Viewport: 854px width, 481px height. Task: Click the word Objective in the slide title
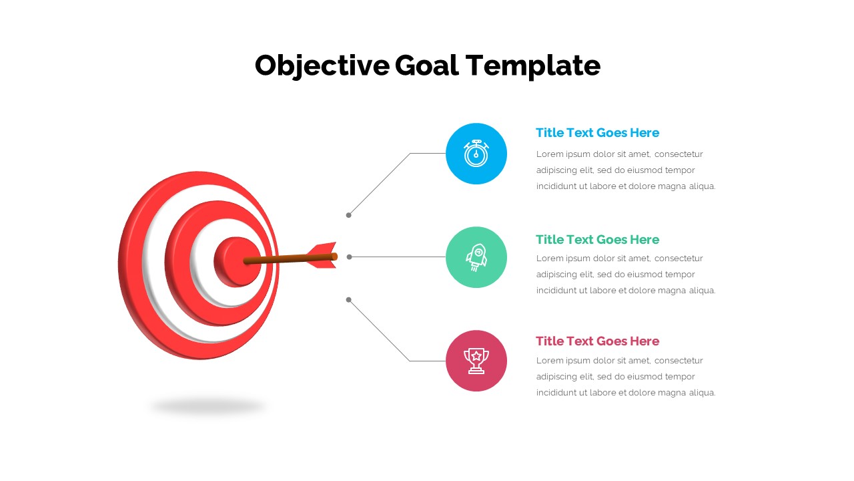pos(322,65)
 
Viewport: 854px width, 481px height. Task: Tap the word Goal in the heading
pos(426,65)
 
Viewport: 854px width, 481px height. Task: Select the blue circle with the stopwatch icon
pos(476,154)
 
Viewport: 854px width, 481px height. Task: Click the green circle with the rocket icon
pos(476,257)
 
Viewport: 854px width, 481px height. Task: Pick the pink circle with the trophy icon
pos(476,361)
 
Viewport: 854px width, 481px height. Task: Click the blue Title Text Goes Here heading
pos(597,133)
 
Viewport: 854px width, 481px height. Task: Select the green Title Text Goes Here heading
pos(597,240)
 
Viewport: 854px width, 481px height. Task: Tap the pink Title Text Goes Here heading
pos(597,341)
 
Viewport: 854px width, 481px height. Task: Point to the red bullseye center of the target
pos(230,261)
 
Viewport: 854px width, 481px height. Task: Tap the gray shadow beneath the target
pos(207,406)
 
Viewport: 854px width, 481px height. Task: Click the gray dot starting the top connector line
pos(348,215)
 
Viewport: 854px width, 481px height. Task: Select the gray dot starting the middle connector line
pos(349,257)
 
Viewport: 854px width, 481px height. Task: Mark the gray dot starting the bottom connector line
pos(348,300)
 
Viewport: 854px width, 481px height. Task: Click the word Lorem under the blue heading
pos(550,154)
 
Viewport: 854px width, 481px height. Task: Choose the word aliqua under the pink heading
pos(702,393)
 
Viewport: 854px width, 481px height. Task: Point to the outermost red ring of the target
pos(131,267)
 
